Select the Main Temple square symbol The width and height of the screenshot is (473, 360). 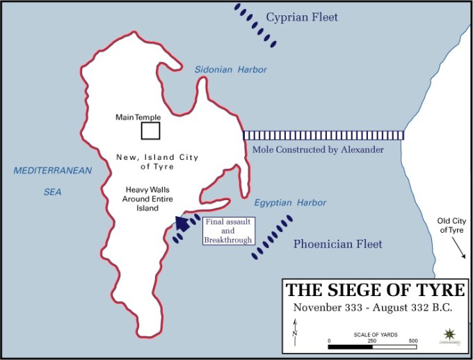pos(151,131)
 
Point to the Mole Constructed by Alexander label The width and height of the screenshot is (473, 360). pos(317,149)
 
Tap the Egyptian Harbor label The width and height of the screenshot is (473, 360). pos(289,203)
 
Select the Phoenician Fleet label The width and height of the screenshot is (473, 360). pos(337,244)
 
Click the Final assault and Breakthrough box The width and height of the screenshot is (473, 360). pos(229,231)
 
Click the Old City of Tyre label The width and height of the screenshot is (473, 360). pos(451,227)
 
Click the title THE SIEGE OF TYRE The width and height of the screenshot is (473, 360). pos(376,290)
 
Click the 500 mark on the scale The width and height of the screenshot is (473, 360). pos(412,340)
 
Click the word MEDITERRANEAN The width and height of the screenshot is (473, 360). pos(52,171)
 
